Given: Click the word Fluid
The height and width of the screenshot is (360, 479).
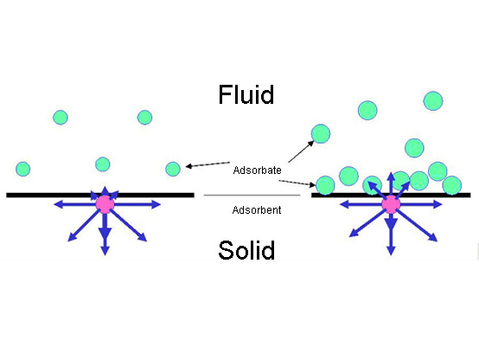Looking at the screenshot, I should [246, 93].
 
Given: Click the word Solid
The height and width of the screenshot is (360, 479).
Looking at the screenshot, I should [246, 252].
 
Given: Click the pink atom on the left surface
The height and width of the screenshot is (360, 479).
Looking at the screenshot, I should [105, 204].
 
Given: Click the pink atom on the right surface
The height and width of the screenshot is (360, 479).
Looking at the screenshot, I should [391, 204].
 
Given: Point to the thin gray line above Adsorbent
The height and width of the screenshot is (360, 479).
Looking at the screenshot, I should [252, 196].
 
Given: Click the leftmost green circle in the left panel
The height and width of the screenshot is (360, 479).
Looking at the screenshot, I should [23, 169].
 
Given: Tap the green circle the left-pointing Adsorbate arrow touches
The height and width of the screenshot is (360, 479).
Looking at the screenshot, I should [173, 169].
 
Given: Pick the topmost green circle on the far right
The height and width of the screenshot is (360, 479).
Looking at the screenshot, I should [433, 101].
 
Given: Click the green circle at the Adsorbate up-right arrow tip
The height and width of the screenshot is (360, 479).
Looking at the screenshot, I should [321, 133].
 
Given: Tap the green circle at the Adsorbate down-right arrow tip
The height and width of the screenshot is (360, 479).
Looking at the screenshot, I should [325, 185].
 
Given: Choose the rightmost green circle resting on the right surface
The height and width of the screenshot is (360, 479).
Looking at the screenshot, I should [452, 185].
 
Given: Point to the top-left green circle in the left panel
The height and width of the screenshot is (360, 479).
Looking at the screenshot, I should [60, 117].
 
